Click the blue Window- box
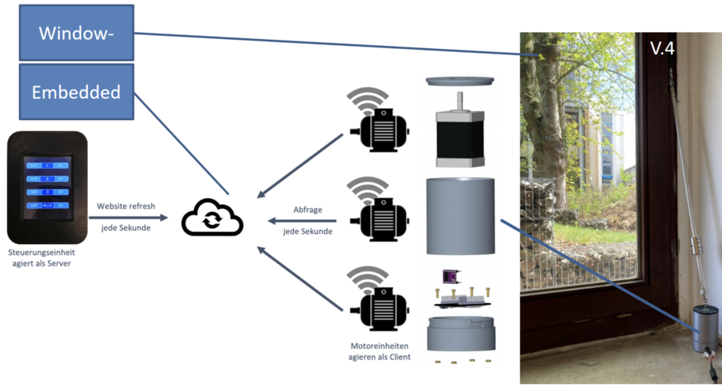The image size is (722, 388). click(x=76, y=33)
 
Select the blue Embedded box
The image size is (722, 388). click(x=76, y=92)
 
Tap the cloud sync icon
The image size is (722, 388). click(x=212, y=218)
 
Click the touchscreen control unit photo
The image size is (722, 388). click(x=47, y=187)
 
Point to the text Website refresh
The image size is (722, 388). click(x=126, y=207)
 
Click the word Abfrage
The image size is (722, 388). click(x=307, y=210)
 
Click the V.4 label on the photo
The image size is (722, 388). click(x=662, y=49)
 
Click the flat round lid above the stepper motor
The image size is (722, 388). click(x=459, y=81)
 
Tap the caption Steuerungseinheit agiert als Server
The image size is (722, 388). click(x=47, y=257)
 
